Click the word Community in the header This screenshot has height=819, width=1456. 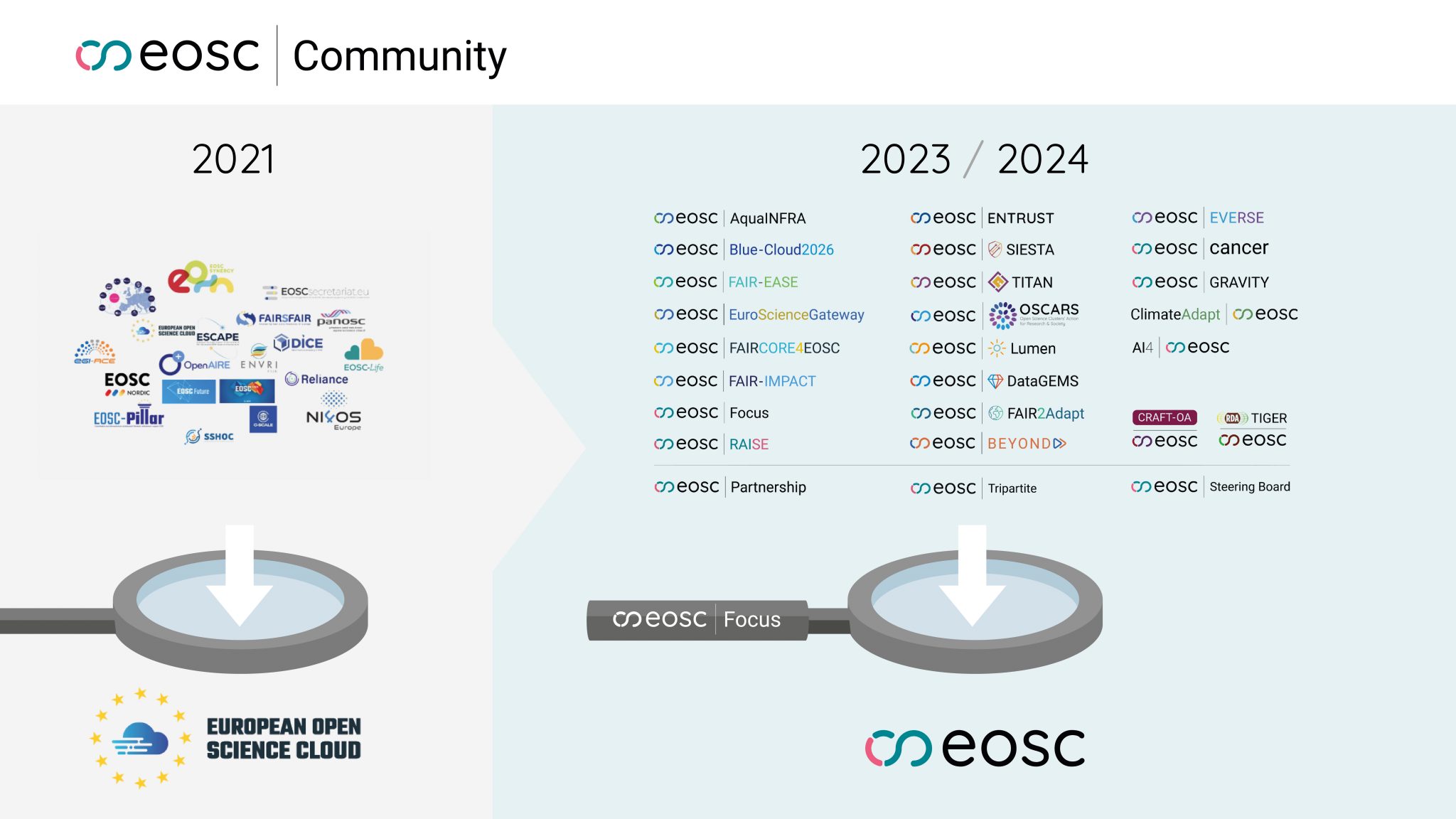(399, 57)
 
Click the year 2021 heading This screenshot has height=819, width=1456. (233, 159)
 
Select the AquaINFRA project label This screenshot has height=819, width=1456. (768, 218)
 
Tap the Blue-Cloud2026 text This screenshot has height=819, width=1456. (781, 250)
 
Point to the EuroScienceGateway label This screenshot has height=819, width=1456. (796, 315)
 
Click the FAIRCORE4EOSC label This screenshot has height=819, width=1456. (784, 348)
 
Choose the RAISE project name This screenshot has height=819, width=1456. (749, 444)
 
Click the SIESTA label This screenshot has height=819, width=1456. (1029, 250)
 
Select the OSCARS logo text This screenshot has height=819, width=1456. (1048, 311)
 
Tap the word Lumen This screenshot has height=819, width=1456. (1032, 349)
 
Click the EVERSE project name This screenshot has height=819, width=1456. (1236, 218)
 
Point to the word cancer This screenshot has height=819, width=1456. (1238, 248)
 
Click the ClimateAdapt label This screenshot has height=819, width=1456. (1174, 314)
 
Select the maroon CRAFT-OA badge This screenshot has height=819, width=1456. (1164, 418)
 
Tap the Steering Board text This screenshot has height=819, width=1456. (1249, 487)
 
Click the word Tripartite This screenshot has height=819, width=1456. (1012, 488)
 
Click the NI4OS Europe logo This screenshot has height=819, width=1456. (333, 416)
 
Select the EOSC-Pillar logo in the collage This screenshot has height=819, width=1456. (129, 417)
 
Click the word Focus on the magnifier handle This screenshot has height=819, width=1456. (751, 620)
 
